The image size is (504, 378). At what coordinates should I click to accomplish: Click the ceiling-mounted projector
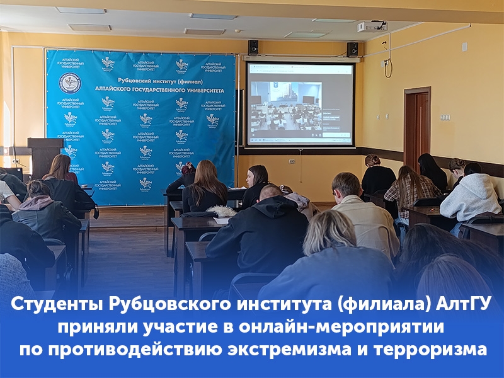[x=372, y=26]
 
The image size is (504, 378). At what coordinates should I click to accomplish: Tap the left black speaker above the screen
[x=253, y=47]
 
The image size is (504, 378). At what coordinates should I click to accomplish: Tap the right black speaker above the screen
[x=353, y=49]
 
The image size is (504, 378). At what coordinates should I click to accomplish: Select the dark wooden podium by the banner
[x=45, y=157]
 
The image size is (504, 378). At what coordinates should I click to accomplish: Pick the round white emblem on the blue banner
[x=70, y=83]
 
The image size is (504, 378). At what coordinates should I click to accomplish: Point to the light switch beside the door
[x=445, y=117]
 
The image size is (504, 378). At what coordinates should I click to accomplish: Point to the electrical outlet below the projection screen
[x=292, y=161]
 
